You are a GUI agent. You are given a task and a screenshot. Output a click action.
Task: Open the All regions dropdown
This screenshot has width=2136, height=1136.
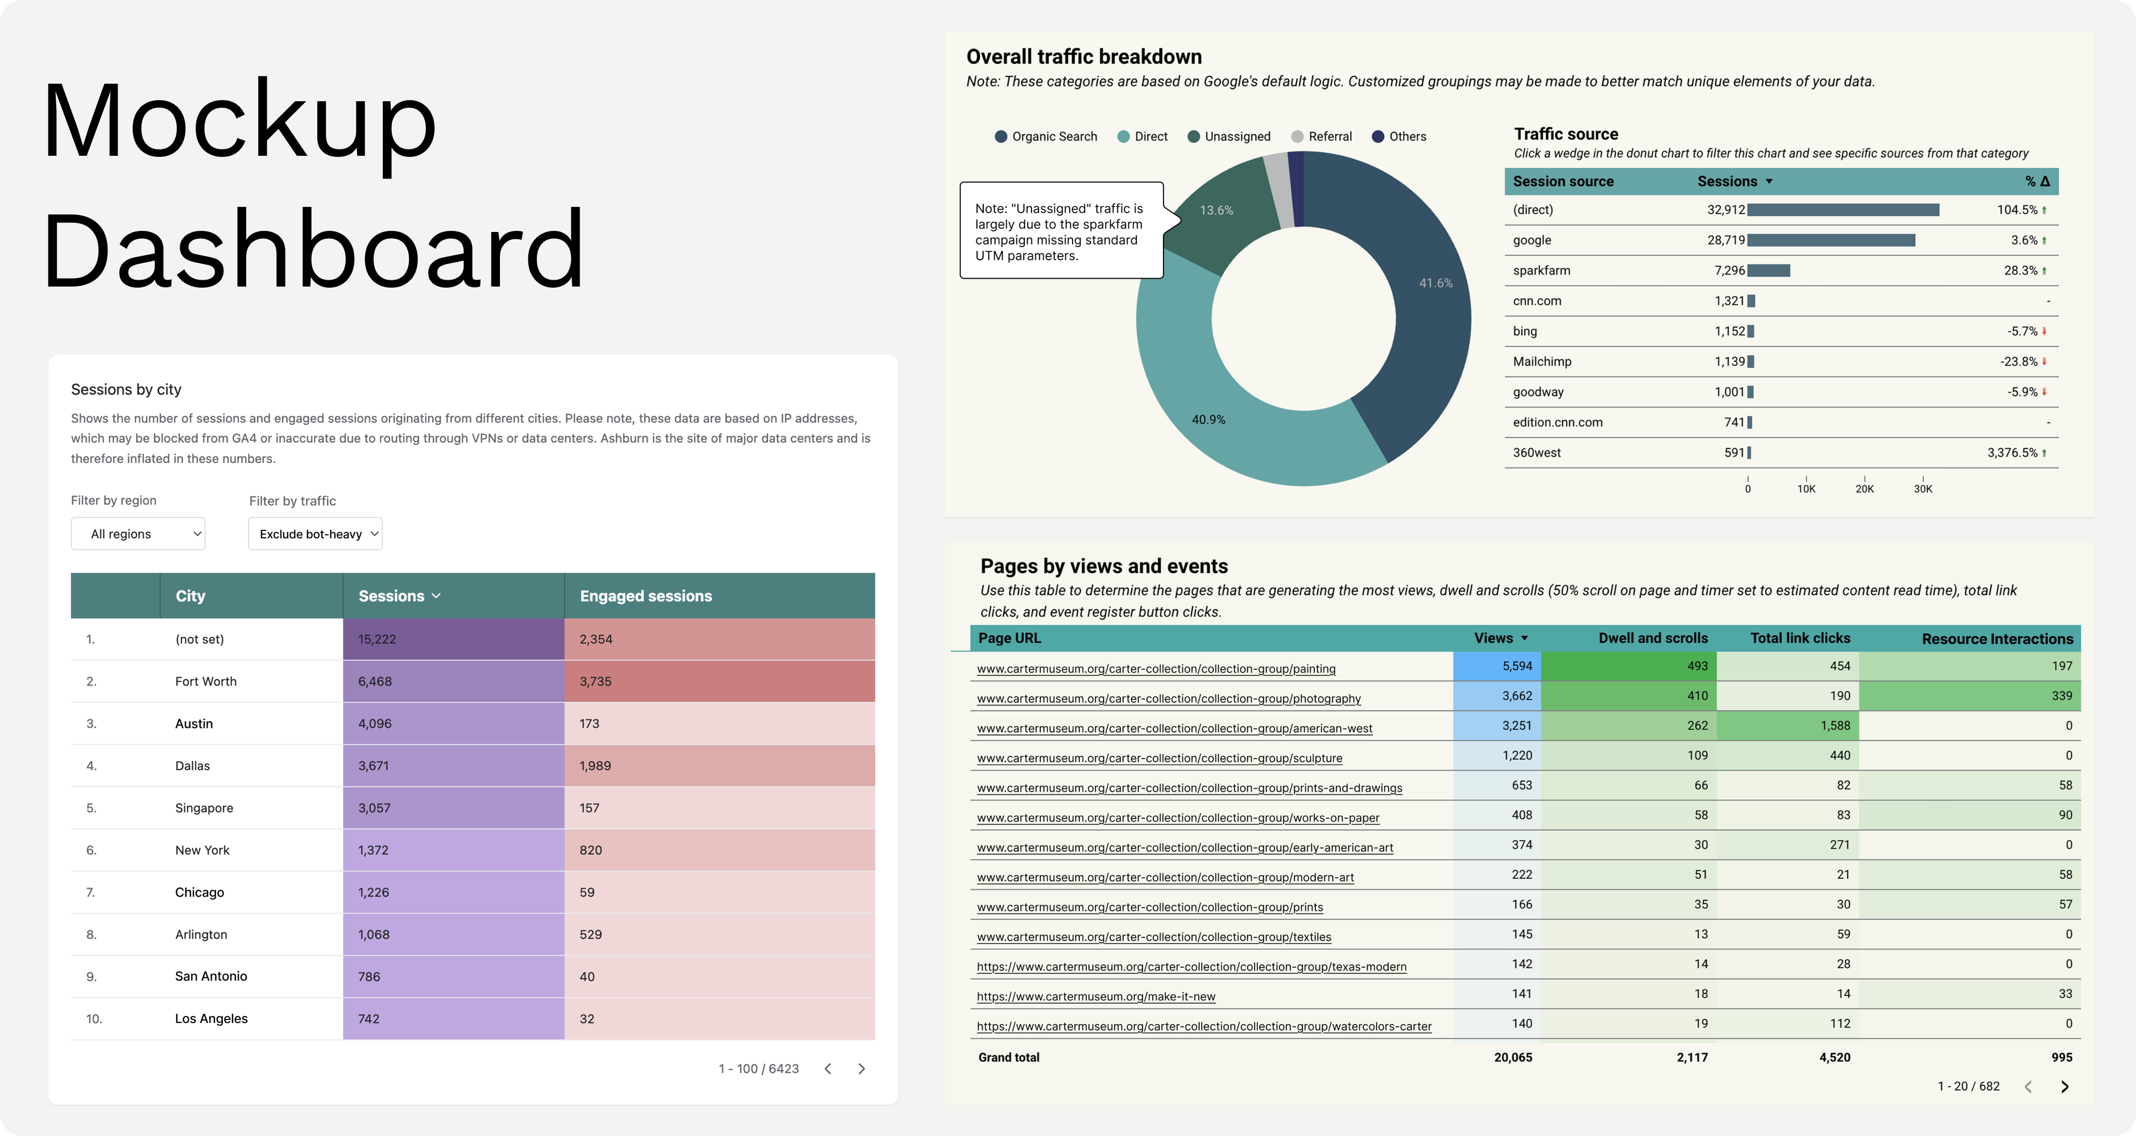point(138,534)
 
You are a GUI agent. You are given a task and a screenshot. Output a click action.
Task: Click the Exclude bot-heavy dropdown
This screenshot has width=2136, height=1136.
point(315,534)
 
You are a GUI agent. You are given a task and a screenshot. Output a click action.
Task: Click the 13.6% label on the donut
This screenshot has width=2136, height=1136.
point(1216,210)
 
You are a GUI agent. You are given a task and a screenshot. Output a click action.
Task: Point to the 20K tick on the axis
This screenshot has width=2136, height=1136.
point(1864,489)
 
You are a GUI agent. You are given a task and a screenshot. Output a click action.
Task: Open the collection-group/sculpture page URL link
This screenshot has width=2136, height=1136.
point(1159,758)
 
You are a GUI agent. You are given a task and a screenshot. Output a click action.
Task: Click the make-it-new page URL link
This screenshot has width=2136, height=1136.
point(1095,997)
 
